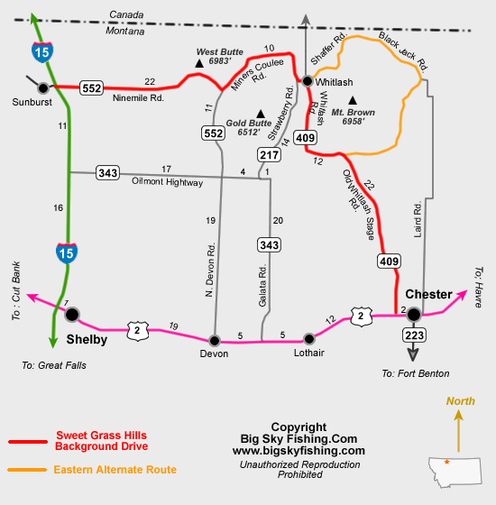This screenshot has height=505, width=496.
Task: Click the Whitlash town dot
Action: click(308, 81)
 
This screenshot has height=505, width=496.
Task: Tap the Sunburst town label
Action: click(32, 102)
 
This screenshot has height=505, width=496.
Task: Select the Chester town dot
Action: click(414, 315)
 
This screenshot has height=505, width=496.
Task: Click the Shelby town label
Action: click(87, 339)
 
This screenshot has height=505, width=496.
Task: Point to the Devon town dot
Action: click(215, 340)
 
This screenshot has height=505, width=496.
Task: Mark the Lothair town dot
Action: click(308, 338)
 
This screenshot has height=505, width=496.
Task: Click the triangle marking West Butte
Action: click(199, 63)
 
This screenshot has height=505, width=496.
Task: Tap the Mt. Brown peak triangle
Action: click(353, 100)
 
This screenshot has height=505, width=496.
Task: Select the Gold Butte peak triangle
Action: click(261, 114)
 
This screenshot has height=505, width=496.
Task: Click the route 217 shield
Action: click(270, 155)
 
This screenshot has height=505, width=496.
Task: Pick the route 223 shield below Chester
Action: click(414, 335)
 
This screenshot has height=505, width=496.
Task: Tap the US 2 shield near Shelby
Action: click(137, 330)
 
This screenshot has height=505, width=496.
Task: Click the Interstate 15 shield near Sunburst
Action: click(42, 52)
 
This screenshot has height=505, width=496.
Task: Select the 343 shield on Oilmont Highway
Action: click(107, 173)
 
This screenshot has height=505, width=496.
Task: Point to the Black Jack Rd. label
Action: click(403, 51)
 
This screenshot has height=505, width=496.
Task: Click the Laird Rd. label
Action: click(418, 219)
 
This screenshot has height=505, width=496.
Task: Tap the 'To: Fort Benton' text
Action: click(416, 373)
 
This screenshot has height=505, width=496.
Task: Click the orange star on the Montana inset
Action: click(446, 462)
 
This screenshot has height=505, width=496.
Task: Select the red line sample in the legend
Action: click(28, 442)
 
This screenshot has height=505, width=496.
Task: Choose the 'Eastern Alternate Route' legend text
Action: click(115, 470)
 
